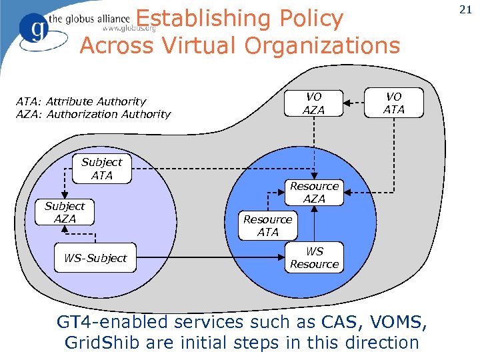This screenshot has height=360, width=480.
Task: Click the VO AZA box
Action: point(314,103)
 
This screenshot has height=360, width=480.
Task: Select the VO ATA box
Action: point(394,103)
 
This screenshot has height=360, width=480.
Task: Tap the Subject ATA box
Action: point(102,169)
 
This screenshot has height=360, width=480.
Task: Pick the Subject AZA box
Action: point(65,213)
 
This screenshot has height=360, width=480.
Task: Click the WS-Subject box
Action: point(95,258)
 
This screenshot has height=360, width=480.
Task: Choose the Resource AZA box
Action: point(314,192)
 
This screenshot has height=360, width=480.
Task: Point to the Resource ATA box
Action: point(267,225)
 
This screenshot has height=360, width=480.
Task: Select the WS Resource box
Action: point(314,257)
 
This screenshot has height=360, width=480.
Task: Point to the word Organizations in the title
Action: point(324,45)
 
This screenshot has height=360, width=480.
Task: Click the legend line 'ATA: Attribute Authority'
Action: point(81,101)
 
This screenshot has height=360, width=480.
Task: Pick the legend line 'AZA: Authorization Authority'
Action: point(93,114)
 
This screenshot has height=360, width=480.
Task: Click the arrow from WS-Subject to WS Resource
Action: point(210,257)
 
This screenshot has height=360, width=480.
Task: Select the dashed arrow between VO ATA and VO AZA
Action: point(354,103)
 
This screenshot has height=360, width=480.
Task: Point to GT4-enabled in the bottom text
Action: point(112,322)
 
